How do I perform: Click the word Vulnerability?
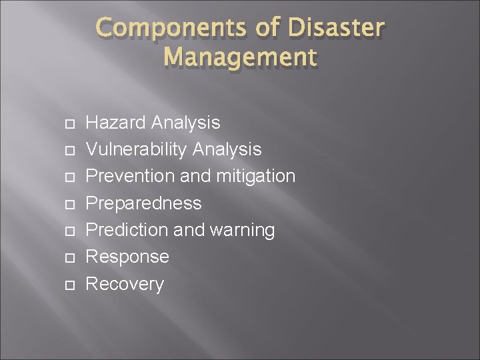(x=137, y=150)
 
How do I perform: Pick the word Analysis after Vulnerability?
(x=227, y=150)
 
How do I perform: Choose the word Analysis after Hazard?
(x=185, y=123)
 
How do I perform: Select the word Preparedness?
(x=144, y=203)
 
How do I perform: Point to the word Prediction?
(x=128, y=230)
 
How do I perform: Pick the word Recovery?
(x=125, y=284)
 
